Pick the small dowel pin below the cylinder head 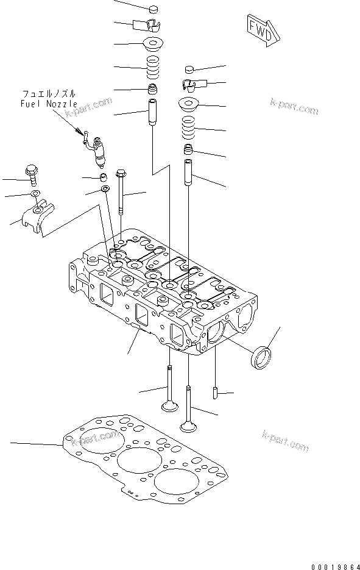[215, 391]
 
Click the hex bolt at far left [31, 174]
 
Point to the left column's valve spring [154, 66]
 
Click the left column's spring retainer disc [154, 44]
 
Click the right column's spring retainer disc [190, 104]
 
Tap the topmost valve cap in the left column [154, 9]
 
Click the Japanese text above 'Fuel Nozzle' [49, 94]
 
